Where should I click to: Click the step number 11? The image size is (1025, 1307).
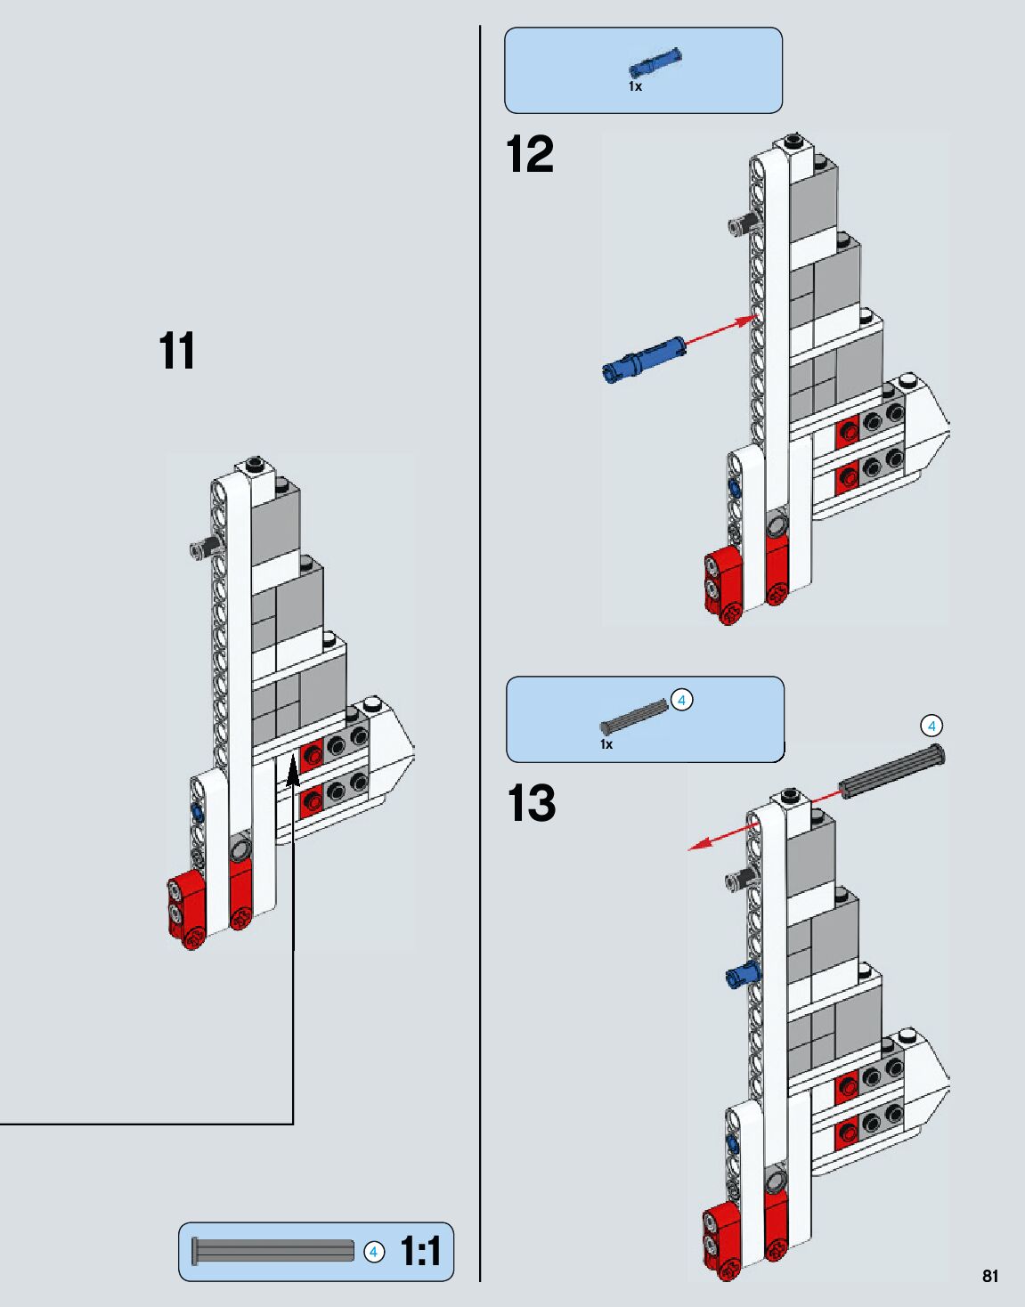[177, 351]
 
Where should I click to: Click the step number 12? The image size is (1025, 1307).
[530, 154]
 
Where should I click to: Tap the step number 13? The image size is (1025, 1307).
[532, 803]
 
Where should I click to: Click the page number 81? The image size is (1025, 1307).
[990, 1276]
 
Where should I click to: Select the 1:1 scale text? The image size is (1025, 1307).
[420, 1252]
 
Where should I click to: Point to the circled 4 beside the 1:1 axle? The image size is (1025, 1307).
[374, 1252]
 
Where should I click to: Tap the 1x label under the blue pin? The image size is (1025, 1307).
[635, 87]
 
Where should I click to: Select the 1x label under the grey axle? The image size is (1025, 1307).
[606, 744]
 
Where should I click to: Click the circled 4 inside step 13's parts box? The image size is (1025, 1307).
[681, 700]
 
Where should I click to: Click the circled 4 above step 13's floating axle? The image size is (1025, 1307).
[931, 727]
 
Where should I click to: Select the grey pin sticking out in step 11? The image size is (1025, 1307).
[202, 547]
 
